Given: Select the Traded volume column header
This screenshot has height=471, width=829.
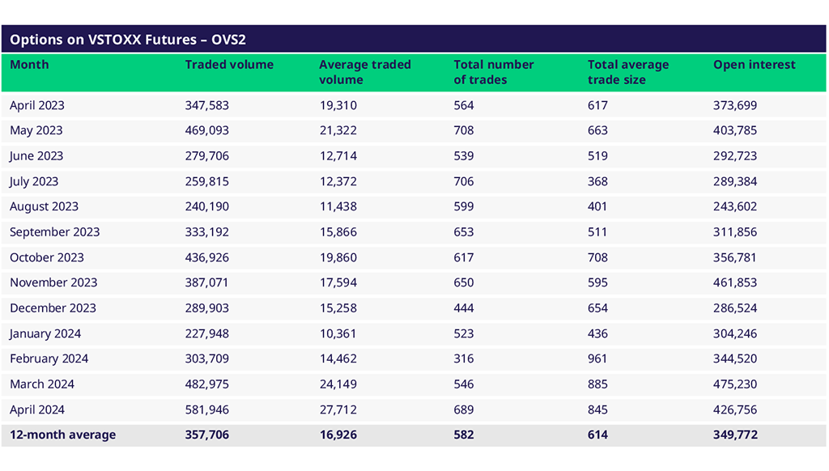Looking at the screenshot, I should point(229,65).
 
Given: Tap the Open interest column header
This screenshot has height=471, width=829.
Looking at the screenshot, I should point(754,65).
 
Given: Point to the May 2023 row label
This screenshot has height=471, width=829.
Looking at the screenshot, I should point(36,130).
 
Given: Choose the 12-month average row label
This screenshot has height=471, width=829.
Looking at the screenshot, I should point(62,435).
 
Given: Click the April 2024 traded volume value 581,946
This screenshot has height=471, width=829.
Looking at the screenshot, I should point(206,409).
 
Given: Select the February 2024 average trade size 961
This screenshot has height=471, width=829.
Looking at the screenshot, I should point(597,359).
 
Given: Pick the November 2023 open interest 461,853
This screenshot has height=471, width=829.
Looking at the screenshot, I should point(735,282).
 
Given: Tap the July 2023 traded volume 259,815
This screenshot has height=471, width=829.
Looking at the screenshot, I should point(206,181).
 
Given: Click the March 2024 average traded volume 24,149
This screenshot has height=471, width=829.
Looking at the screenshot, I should point(338,384).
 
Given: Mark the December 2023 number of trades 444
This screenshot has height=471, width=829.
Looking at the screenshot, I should point(464,308).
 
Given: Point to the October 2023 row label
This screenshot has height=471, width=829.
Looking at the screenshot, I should point(47,257).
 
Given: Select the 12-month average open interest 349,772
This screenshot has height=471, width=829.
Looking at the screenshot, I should point(735,435).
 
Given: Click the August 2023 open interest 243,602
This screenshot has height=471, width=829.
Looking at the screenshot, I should point(735,206).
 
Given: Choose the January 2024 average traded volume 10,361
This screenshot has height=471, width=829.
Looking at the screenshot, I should point(338,333).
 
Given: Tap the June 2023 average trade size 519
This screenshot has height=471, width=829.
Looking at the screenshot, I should point(597,155).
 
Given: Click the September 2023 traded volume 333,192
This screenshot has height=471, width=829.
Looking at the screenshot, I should point(206,231).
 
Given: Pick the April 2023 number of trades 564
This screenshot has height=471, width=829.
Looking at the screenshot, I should point(464,105).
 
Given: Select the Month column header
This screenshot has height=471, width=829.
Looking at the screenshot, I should point(29,65).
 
